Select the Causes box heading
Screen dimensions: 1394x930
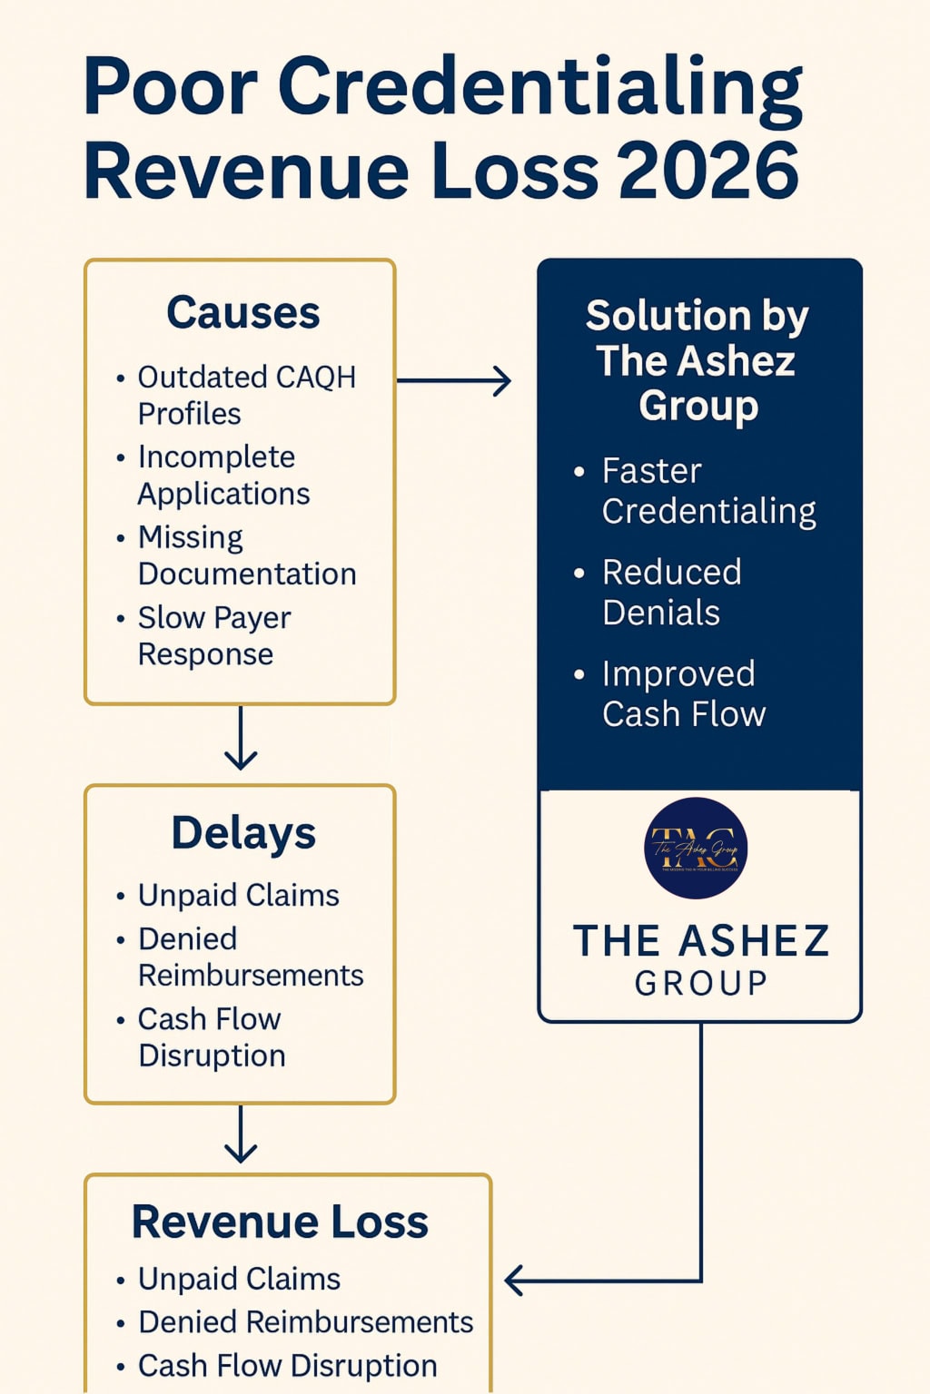242,313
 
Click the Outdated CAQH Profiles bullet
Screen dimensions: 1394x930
246,395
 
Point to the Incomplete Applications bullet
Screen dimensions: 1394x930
223,475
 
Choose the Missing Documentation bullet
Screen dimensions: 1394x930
246,555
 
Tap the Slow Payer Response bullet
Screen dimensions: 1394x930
213,635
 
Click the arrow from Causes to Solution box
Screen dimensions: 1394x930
454,381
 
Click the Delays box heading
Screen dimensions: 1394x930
243,833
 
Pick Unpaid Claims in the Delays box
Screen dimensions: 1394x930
238,896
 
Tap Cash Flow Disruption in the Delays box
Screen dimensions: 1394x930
211,1037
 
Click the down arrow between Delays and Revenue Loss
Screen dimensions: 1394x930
241,1134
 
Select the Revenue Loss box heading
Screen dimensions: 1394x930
280,1222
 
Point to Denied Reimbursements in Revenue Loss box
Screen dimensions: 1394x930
305,1322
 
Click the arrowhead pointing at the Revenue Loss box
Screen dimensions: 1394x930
514,1281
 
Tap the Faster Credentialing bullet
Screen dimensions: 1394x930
707,491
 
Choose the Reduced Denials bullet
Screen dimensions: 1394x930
671,593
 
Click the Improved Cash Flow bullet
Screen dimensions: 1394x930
683,694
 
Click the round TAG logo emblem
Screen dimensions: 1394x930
696,849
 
